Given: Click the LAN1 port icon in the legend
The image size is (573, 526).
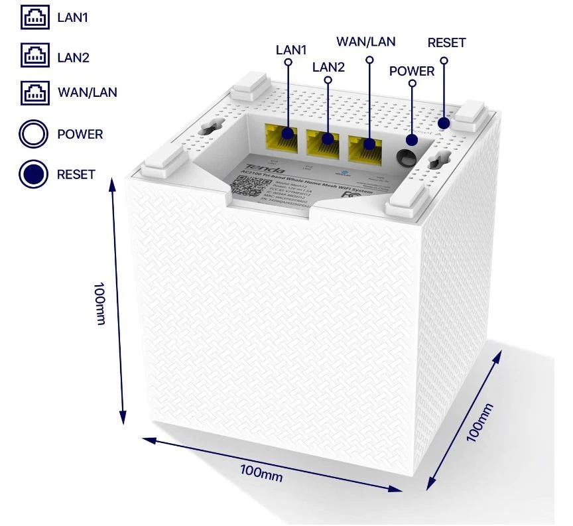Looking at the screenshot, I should coord(34,19).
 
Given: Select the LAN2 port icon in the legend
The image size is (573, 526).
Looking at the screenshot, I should coord(34,56).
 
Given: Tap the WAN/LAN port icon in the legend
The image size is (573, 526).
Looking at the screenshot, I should coord(34,92).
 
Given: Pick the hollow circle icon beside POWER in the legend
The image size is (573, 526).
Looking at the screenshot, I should coord(34,135).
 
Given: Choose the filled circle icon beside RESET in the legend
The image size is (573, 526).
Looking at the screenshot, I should coord(34,174).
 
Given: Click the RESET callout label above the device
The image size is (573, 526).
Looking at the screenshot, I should coord(446,43).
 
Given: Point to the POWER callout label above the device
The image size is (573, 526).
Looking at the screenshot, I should coord(412,71).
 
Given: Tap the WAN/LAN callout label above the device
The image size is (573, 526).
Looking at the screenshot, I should coord(366,42).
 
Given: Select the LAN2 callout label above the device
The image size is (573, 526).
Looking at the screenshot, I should coord(328,66).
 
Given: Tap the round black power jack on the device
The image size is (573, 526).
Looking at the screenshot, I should coord(407,157).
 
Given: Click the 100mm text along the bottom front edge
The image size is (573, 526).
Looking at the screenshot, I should coord(261,472).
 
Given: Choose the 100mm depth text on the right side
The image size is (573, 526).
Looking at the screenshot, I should coord(480,423).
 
